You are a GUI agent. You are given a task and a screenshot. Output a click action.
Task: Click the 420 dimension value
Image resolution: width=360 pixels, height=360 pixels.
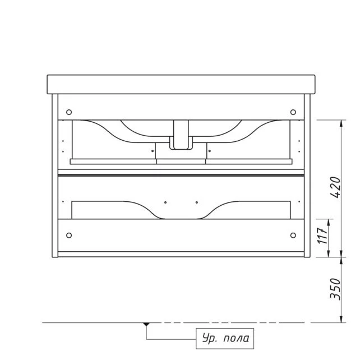click(335, 187)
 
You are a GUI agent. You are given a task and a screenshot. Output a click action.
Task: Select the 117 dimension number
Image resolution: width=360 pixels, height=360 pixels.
click(322, 236)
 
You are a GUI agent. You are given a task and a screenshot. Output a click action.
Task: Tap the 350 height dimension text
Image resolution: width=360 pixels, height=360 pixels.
click(335, 289)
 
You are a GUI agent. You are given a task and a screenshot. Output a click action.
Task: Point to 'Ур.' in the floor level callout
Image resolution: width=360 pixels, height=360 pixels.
click(209, 339)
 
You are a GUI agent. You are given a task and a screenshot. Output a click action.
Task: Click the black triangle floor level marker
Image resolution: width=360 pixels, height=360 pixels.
click(146, 325)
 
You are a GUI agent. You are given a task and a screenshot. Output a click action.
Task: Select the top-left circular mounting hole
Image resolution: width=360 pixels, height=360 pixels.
click(69, 112)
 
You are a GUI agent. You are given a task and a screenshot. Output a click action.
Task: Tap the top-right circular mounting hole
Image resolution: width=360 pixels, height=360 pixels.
click(293, 112)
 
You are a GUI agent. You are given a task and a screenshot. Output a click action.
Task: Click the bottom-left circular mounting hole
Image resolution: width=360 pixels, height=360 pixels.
click(69, 236)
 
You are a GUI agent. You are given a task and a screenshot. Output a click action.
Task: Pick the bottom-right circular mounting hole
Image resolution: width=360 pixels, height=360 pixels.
click(293, 236)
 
